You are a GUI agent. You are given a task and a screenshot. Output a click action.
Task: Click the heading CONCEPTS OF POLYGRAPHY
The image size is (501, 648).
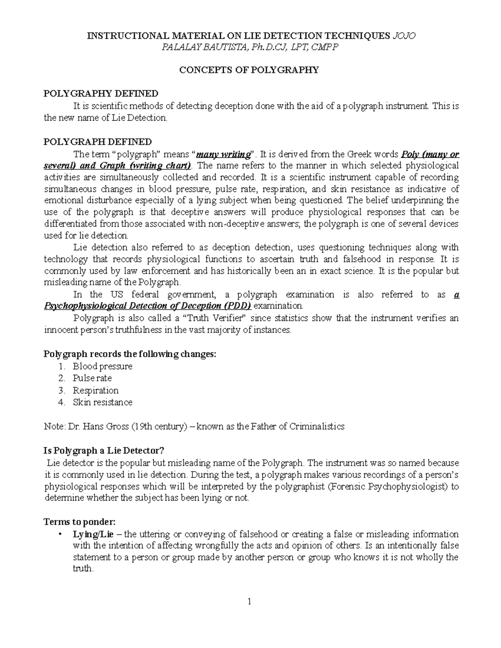(249, 70)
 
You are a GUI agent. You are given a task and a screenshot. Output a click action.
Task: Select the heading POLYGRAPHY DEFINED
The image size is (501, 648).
(101, 93)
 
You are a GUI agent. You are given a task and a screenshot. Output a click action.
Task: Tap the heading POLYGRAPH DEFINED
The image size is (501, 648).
(98, 141)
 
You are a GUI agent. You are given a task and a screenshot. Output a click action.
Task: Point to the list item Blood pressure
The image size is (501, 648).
(102, 366)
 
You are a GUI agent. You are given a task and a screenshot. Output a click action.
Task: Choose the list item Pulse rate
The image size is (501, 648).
(92, 378)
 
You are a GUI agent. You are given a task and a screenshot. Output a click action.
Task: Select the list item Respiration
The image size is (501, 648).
(96, 391)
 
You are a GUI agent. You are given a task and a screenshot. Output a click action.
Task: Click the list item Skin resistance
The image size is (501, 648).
(102, 402)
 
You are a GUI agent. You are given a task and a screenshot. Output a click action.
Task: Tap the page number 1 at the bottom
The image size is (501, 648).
(249, 602)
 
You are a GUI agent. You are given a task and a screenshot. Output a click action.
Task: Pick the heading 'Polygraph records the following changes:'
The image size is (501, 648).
(130, 354)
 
